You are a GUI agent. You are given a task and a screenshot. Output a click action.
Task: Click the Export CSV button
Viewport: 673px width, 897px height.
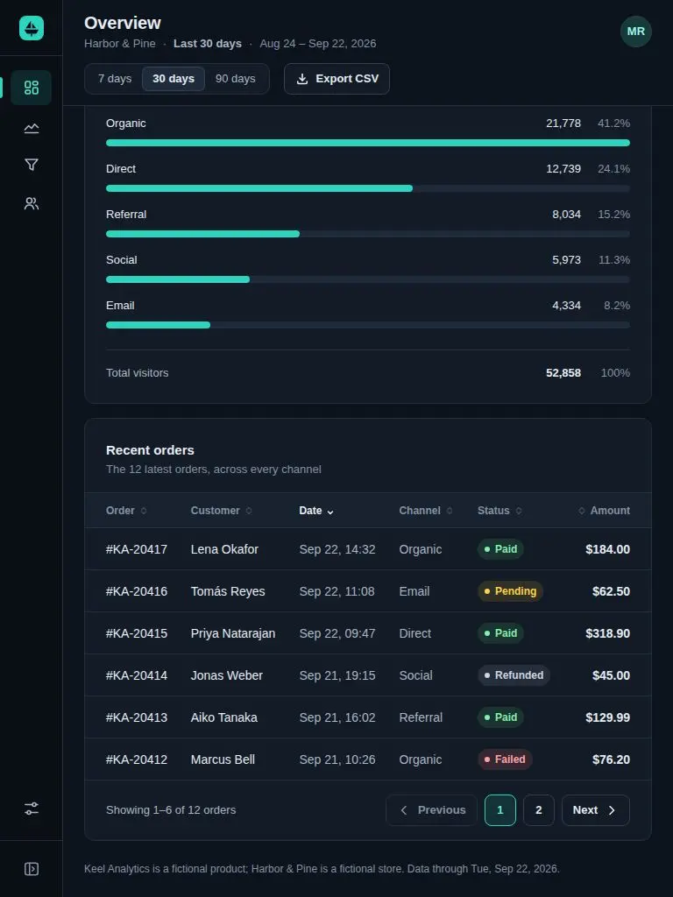click(x=336, y=79)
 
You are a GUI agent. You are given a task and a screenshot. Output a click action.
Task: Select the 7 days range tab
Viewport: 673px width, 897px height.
click(x=115, y=79)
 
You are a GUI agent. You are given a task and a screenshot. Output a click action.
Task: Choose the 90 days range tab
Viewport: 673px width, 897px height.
click(x=235, y=79)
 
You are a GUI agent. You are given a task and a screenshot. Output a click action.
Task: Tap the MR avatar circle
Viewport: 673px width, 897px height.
click(x=636, y=32)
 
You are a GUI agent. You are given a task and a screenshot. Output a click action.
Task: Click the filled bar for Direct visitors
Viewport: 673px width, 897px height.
click(x=259, y=188)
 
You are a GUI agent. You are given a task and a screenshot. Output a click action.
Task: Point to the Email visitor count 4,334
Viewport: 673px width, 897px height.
click(x=566, y=306)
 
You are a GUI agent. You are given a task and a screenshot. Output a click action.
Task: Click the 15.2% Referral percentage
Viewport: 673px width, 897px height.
click(x=613, y=215)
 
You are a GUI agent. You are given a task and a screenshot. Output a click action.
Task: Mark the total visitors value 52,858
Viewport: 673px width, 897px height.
click(x=563, y=373)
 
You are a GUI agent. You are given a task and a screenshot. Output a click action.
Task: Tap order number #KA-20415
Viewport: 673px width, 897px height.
click(x=137, y=633)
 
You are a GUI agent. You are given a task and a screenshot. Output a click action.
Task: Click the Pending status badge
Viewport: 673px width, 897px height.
click(x=510, y=591)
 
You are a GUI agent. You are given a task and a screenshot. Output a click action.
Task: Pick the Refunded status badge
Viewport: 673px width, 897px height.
click(x=514, y=675)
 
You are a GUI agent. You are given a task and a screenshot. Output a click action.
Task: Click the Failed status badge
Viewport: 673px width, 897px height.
click(x=505, y=759)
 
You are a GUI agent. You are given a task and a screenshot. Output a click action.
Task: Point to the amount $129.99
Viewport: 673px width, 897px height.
click(x=608, y=717)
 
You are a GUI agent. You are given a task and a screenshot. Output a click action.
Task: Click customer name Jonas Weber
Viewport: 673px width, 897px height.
click(x=227, y=675)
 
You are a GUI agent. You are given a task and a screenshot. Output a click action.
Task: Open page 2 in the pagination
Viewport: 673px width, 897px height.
click(x=539, y=810)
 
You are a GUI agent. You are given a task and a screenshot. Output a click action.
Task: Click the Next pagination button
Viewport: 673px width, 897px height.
click(x=595, y=810)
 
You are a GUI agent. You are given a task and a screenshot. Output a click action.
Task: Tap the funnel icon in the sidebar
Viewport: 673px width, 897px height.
click(x=32, y=165)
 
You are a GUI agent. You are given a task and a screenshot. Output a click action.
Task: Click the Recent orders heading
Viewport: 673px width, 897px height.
click(x=150, y=450)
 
